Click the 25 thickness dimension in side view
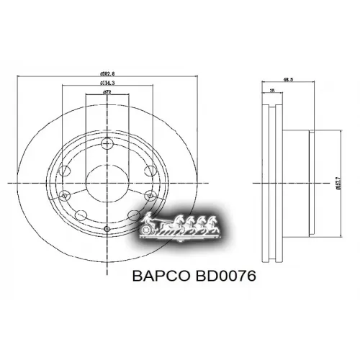pyautogui.click(x=271, y=91)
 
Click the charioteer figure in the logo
pyautogui.click(x=151, y=219)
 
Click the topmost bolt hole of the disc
pyautogui.click(x=107, y=143)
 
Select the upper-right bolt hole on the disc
pyautogui.click(x=149, y=171)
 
